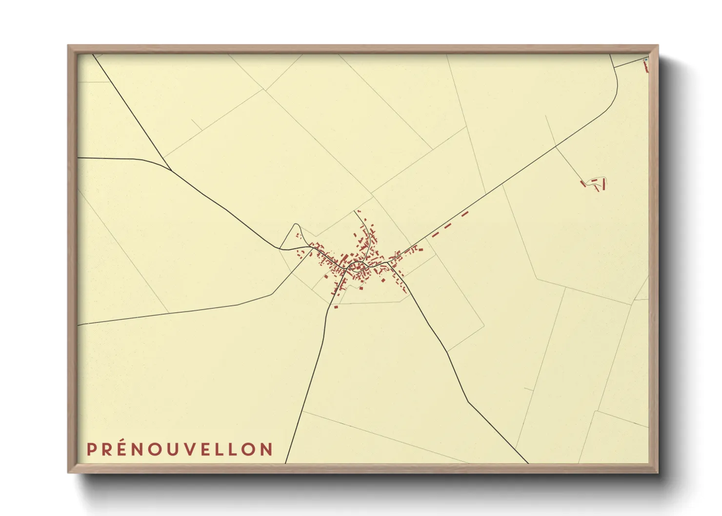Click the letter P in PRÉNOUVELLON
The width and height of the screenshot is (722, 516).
point(91,449)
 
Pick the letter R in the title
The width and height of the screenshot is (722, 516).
point(107,449)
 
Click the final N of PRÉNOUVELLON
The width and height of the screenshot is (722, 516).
point(266,449)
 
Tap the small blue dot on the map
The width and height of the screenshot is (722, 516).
point(645,60)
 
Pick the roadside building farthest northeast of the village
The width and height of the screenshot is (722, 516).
point(464,214)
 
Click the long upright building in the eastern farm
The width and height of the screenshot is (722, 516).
point(604,184)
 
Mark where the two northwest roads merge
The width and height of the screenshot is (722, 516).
point(170,170)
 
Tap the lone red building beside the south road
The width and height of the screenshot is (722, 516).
point(336,307)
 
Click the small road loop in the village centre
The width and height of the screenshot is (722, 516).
point(357,266)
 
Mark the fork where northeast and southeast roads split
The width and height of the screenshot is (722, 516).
point(388,263)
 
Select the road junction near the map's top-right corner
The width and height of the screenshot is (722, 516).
point(614,68)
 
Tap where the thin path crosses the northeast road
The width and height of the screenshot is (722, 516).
point(556,145)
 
